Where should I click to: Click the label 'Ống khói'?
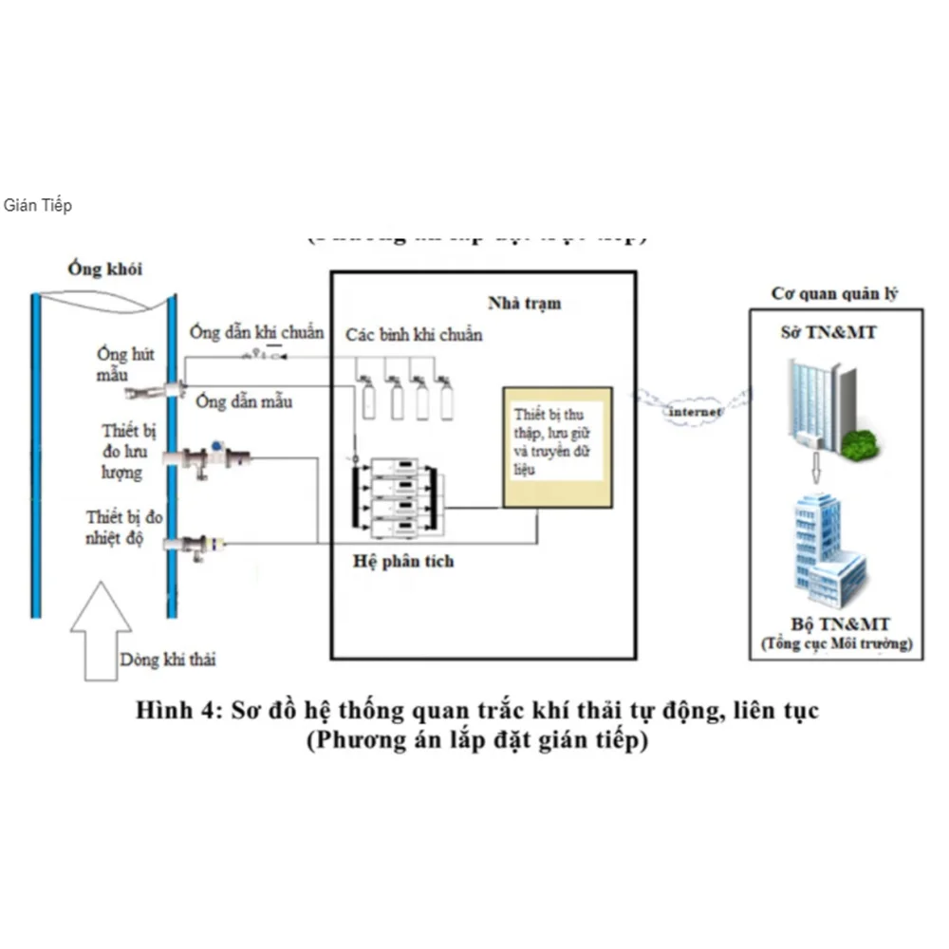coord(104,269)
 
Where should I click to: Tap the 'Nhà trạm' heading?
coord(524,303)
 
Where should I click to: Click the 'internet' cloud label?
coord(695,412)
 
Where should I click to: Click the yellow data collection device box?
coord(557,446)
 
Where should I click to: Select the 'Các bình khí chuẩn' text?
coord(413,335)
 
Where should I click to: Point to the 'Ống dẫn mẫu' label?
coord(244,401)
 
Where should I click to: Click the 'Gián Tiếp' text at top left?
coord(37,205)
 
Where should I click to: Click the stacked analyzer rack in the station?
coord(394,496)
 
